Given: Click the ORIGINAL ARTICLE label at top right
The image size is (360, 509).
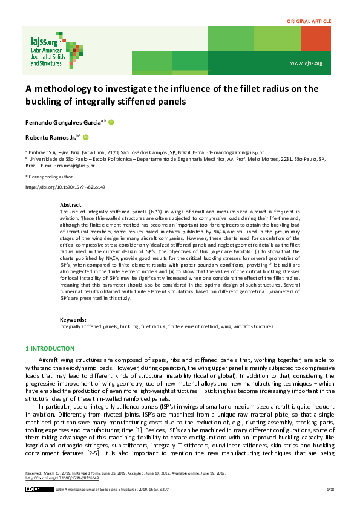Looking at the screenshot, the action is point(309,22).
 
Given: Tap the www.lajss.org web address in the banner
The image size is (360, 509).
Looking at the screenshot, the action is point(306,63).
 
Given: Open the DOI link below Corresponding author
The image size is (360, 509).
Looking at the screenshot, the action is point(65,187).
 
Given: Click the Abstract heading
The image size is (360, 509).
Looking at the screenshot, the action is point(71,206).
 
